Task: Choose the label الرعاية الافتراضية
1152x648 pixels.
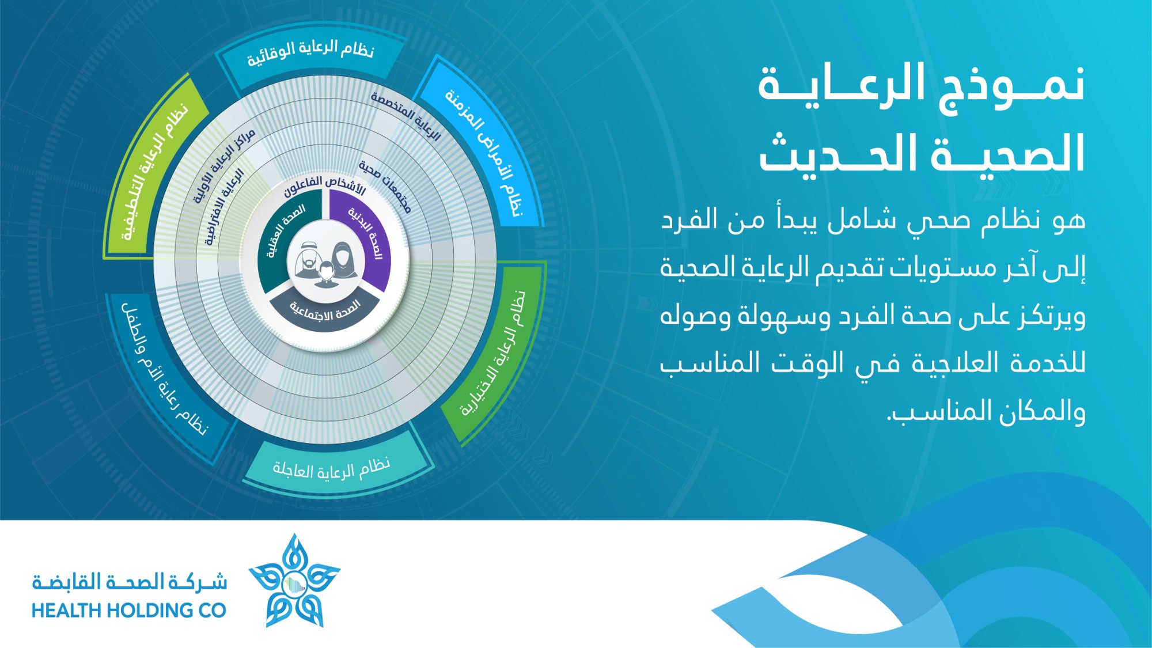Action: point(225,207)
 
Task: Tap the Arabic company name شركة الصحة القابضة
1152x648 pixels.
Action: point(130,582)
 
